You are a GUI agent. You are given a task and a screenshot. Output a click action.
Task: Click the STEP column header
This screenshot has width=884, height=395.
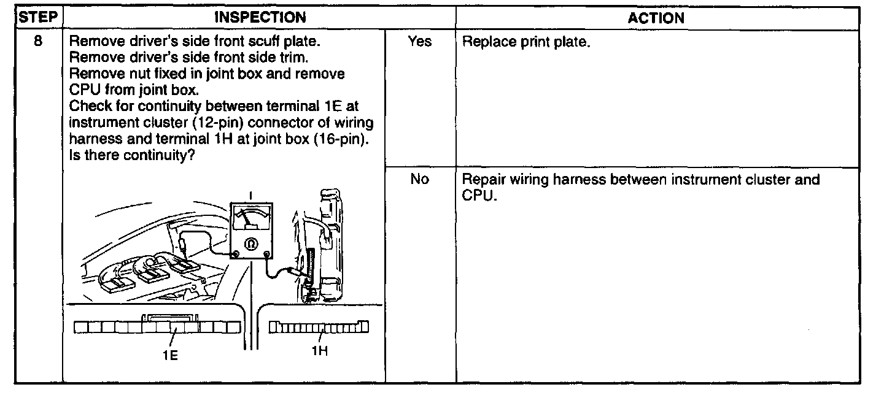click(x=37, y=17)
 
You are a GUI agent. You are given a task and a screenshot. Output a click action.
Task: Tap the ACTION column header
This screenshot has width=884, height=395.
click(x=656, y=18)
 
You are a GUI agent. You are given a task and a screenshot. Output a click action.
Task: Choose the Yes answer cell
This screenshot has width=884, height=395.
click(x=419, y=42)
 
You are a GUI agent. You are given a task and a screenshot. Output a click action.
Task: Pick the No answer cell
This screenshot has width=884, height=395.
click(x=419, y=180)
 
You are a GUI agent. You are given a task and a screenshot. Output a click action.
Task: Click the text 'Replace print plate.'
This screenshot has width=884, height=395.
click(x=526, y=43)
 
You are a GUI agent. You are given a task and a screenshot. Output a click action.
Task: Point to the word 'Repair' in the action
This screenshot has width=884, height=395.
click(x=481, y=180)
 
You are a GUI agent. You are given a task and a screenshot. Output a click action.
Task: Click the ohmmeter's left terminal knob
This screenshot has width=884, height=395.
click(x=235, y=253)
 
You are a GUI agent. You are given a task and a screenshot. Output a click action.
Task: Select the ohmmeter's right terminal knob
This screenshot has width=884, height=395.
click(x=266, y=253)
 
